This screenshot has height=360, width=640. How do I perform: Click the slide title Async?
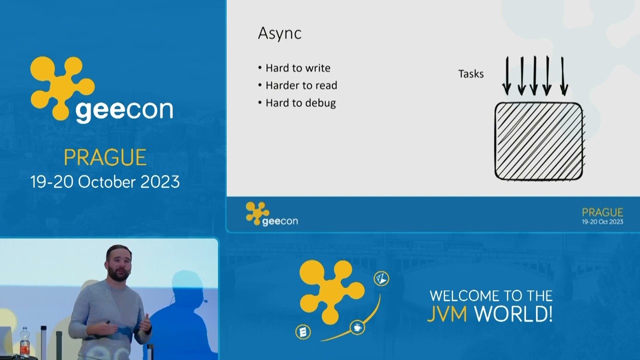[x=279, y=33]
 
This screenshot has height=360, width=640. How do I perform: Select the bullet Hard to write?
[x=297, y=68]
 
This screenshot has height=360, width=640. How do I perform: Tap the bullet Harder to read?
[x=301, y=85]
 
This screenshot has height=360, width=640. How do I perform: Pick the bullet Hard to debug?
[x=300, y=103]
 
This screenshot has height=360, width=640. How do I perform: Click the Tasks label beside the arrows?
[x=471, y=74]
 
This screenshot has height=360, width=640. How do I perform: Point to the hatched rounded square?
[x=538, y=141]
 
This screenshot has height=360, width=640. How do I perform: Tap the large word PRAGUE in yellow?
[x=105, y=158]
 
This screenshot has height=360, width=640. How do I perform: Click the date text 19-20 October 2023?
[x=105, y=181]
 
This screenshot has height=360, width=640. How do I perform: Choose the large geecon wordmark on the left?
[x=124, y=110]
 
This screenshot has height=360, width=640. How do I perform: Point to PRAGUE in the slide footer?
[x=602, y=212]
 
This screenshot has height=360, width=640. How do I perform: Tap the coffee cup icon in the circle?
[x=357, y=327]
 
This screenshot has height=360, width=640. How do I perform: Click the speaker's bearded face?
[x=118, y=265]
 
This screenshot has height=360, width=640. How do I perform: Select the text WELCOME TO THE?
[x=491, y=295]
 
